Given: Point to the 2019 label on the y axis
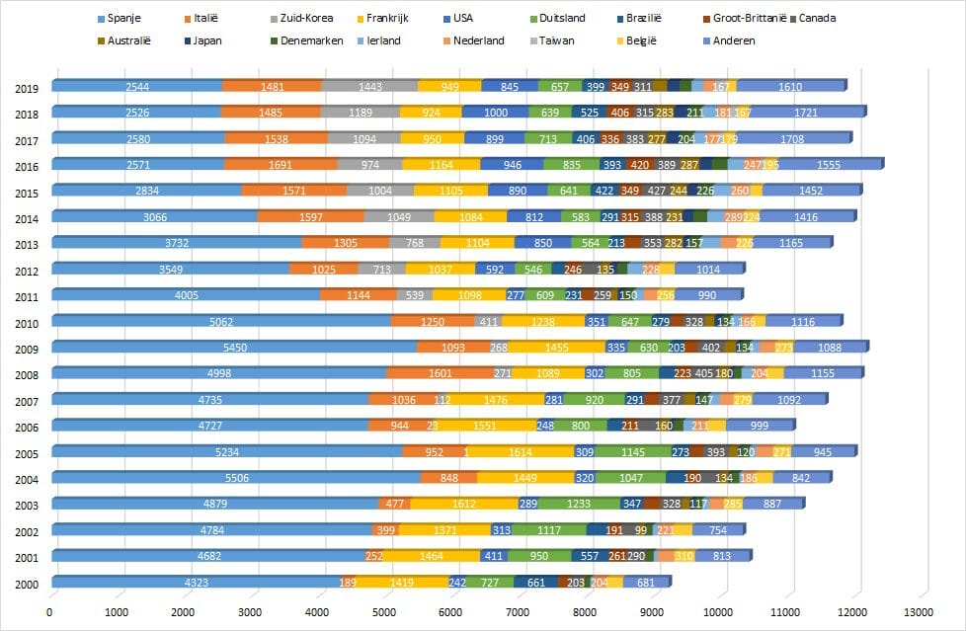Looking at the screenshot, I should (x=28, y=88).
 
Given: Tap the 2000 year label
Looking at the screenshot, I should (x=28, y=585).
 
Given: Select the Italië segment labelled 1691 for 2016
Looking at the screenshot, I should (x=281, y=165).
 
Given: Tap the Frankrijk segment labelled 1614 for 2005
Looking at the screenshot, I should (x=521, y=452).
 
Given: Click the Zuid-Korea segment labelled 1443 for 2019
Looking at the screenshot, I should (x=369, y=87).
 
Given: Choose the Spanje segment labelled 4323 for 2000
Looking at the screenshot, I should (x=196, y=583).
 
